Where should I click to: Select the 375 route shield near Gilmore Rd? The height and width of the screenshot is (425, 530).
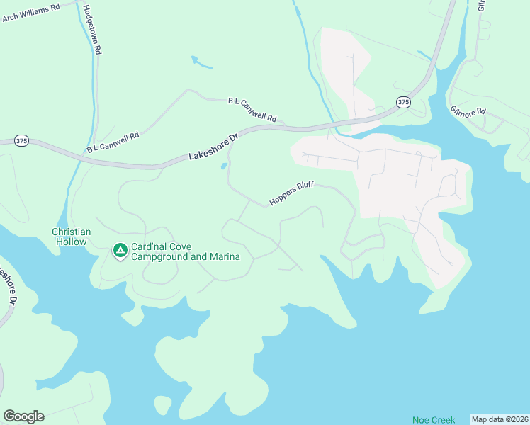(x=403, y=102)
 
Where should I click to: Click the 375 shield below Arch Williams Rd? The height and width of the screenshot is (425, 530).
(x=21, y=142)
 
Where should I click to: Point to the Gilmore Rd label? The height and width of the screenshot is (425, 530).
(x=468, y=111)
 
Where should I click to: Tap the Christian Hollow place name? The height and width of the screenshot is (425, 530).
(x=72, y=237)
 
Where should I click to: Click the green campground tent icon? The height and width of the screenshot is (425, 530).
(x=120, y=250)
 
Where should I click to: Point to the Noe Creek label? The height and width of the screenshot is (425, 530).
(x=434, y=420)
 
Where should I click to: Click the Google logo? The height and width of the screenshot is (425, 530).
(x=23, y=416)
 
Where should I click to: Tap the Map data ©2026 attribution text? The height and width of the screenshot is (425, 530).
(x=500, y=419)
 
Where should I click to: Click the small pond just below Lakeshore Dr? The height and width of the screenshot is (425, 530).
(x=225, y=166)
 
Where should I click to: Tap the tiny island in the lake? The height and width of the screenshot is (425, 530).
(x=163, y=405)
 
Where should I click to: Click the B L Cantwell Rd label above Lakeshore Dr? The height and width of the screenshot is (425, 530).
(x=252, y=110)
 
